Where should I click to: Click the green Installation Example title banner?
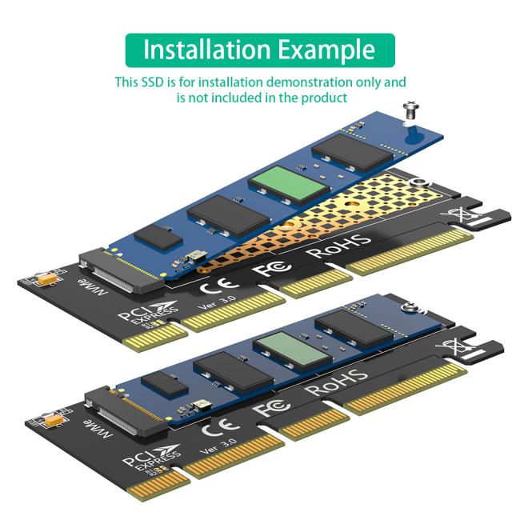pos(260,50)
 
